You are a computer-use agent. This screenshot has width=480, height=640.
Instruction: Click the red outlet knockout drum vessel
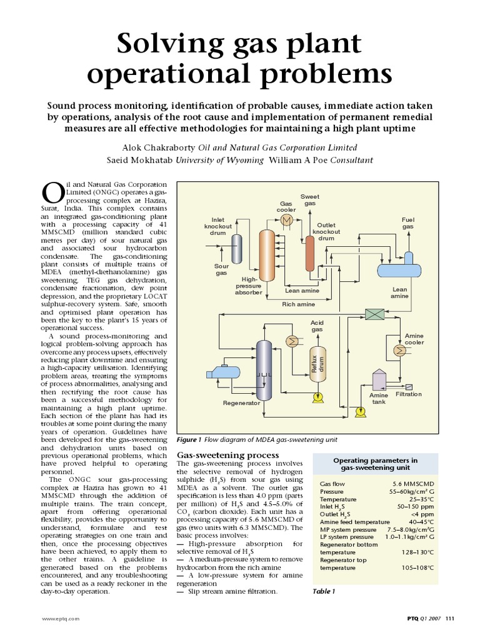(309, 253)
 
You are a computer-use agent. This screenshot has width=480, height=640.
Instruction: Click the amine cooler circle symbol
(398, 351)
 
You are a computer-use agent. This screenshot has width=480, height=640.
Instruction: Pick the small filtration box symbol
(410, 386)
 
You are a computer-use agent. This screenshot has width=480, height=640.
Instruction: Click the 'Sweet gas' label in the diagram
(310, 200)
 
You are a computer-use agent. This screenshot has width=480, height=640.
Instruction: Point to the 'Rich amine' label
(297, 304)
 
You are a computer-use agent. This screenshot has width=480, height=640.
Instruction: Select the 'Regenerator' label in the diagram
(241, 403)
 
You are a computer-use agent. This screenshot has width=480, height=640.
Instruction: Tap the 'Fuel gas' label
(407, 223)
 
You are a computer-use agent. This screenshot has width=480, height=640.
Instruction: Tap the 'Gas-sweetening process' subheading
(228, 455)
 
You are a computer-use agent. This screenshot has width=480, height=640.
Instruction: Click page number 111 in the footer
(450, 619)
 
